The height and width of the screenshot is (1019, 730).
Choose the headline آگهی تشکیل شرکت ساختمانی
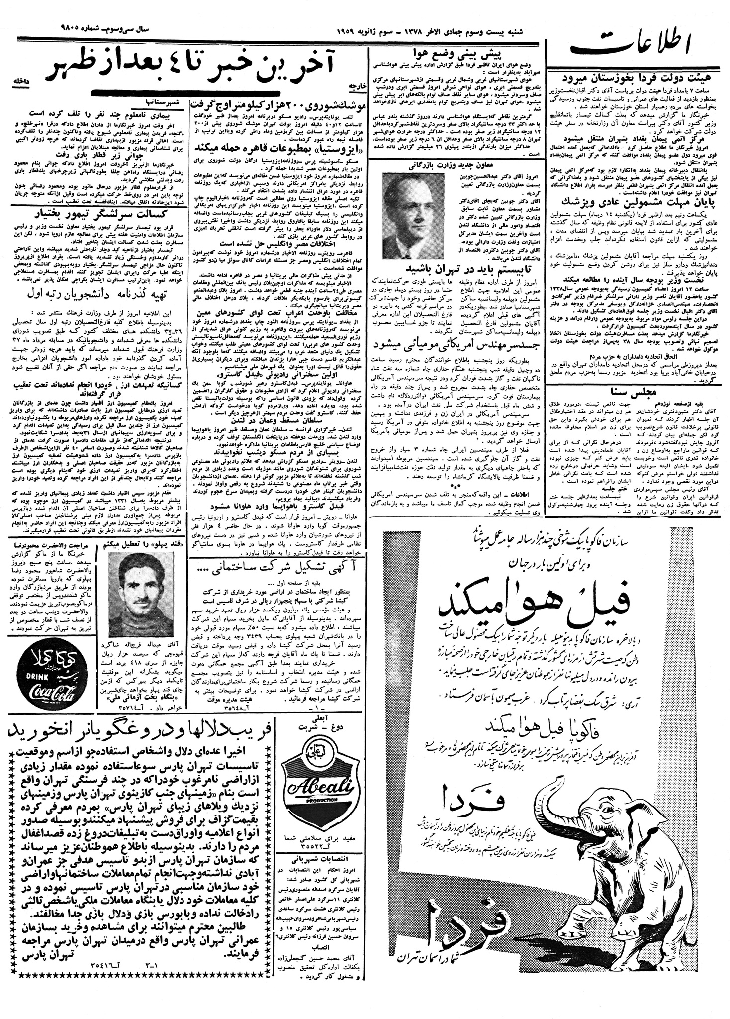coord(279,568)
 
